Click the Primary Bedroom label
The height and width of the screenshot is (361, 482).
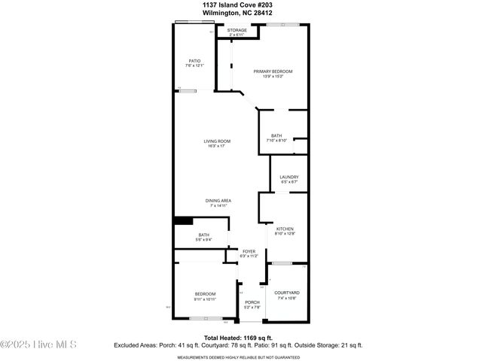[x=272, y=71]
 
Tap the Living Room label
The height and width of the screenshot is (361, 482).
[x=216, y=141]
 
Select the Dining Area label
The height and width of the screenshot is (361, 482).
[x=218, y=200]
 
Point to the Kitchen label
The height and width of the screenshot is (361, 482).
[x=284, y=229]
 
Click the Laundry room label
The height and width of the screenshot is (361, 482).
[x=288, y=177]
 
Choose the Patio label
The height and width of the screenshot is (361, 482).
[x=194, y=61]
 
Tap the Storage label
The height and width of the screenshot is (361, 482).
[x=237, y=30]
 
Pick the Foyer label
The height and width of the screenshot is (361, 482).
[x=249, y=251]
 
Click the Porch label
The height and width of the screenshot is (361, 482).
[x=252, y=302]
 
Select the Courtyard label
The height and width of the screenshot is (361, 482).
[x=287, y=293]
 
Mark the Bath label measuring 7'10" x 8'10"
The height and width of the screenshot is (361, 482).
[x=276, y=135]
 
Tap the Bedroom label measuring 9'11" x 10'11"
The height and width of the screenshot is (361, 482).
[x=206, y=293]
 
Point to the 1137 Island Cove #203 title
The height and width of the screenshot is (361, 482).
[x=241, y=4]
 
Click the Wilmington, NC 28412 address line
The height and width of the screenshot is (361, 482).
[x=241, y=12]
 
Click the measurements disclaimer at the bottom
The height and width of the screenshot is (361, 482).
[x=240, y=356]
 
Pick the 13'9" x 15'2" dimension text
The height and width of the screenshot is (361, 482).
[x=272, y=76]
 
